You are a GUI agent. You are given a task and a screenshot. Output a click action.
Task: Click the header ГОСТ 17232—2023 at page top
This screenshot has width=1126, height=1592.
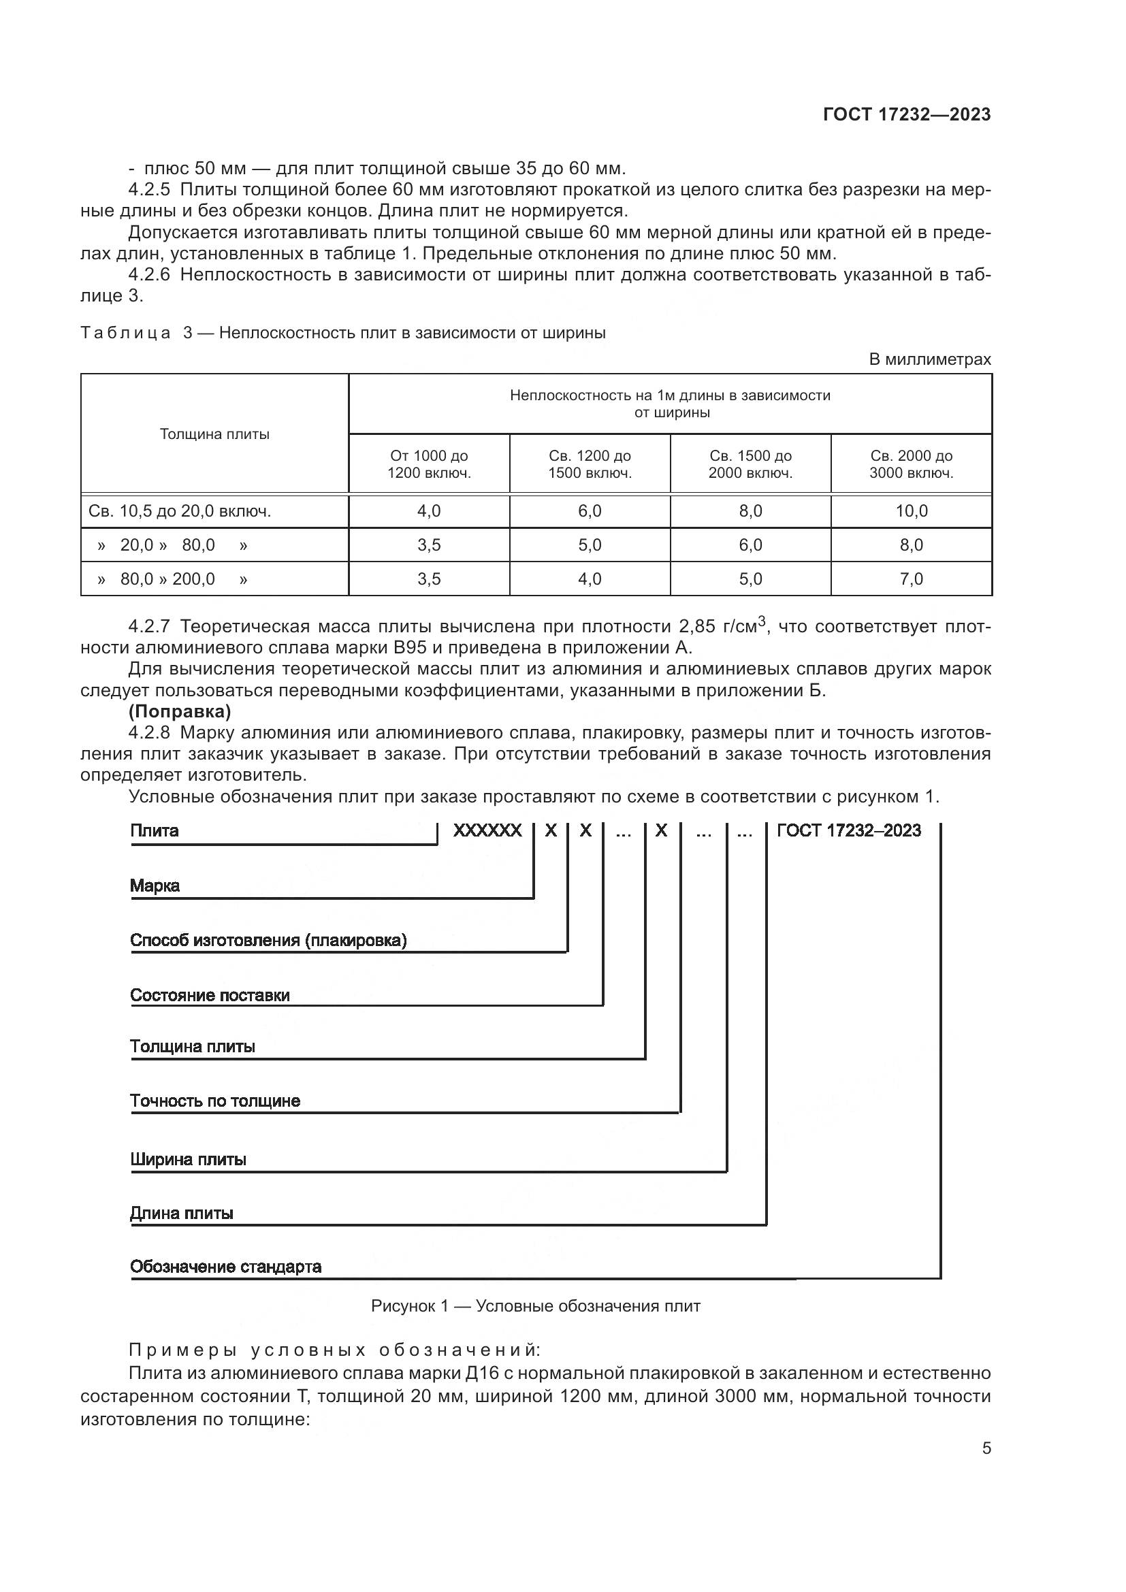pyautogui.click(x=906, y=114)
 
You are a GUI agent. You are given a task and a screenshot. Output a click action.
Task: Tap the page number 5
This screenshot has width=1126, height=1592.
pyautogui.click(x=986, y=1448)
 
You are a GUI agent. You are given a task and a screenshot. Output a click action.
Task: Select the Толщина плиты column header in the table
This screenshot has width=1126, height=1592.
pyautogui.click(x=214, y=434)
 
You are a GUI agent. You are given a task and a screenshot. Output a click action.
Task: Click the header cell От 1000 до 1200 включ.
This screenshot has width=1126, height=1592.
pyautogui.click(x=428, y=464)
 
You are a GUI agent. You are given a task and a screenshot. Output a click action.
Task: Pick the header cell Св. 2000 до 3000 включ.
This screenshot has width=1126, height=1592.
pyautogui.click(x=911, y=464)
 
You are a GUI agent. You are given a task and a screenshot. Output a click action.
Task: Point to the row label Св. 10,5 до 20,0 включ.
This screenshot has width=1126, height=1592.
pyautogui.click(x=180, y=511)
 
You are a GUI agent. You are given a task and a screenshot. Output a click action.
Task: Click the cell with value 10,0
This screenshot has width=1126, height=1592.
pyautogui.click(x=911, y=511)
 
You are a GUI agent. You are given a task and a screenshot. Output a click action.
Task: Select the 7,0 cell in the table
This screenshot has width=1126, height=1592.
pyautogui.click(x=911, y=579)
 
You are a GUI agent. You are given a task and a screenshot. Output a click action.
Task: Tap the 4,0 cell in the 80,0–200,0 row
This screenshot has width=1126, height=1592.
pyautogui.click(x=590, y=579)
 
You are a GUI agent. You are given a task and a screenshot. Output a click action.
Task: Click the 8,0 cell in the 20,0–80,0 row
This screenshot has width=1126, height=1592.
pyautogui.click(x=911, y=545)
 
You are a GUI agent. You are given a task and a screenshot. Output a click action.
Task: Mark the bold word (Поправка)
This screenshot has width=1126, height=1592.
pyautogui.click(x=180, y=711)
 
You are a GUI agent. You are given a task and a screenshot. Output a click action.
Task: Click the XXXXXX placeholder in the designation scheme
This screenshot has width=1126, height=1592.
pyautogui.click(x=487, y=830)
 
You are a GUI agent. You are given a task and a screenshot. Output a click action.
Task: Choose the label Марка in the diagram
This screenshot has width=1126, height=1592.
pyautogui.click(x=155, y=886)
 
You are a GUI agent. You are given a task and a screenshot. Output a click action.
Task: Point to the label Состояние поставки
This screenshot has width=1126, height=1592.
pyautogui.click(x=210, y=995)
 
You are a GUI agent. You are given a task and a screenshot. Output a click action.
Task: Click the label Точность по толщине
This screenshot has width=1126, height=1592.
pyautogui.click(x=215, y=1101)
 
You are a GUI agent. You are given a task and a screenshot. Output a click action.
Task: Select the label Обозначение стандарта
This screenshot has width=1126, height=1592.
pyautogui.click(x=226, y=1267)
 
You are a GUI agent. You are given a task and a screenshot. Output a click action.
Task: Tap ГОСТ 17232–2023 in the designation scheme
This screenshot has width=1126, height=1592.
pyautogui.click(x=849, y=830)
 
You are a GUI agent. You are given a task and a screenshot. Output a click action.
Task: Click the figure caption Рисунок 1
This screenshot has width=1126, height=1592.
pyautogui.click(x=535, y=1306)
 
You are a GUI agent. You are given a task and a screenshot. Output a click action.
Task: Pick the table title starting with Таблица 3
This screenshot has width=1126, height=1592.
pyautogui.click(x=342, y=333)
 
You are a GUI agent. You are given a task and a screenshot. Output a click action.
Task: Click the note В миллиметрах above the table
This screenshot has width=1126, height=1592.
pyautogui.click(x=929, y=359)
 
